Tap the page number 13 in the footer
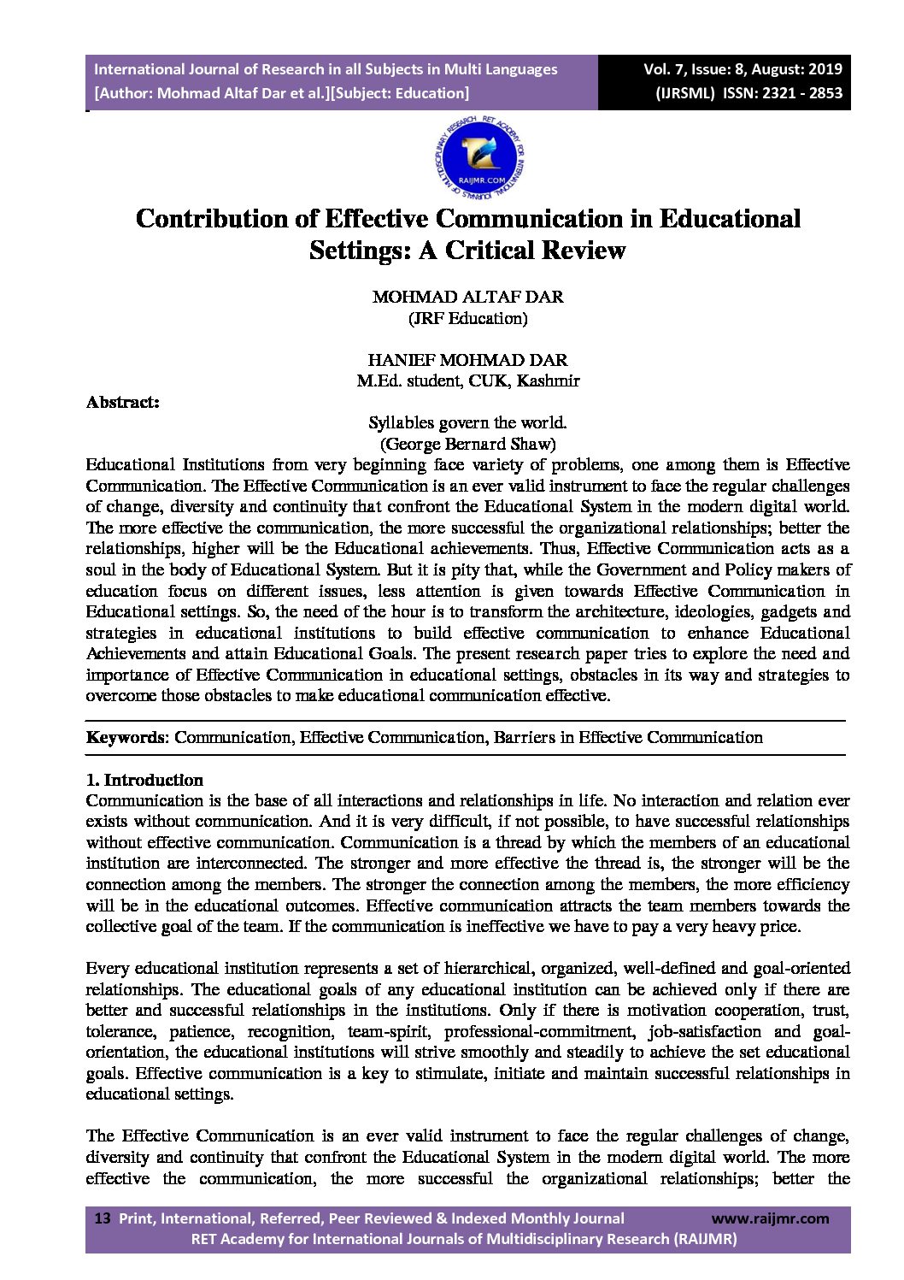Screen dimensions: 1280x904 (x=103, y=1218)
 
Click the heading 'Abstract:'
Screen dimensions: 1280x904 (x=123, y=402)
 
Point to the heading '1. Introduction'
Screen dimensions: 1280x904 (x=144, y=780)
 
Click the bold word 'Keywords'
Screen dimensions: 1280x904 (x=125, y=737)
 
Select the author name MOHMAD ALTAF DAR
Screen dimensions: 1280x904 (x=467, y=298)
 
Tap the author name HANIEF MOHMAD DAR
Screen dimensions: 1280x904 (x=467, y=360)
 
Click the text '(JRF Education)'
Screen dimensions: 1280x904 (x=467, y=318)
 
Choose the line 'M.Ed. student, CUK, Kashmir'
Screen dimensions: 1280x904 (x=467, y=380)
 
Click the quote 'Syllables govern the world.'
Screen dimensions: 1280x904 (x=467, y=422)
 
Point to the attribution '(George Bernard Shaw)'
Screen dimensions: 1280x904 (x=467, y=444)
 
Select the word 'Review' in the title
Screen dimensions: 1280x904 (x=581, y=251)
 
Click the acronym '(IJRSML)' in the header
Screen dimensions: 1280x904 (x=684, y=93)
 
